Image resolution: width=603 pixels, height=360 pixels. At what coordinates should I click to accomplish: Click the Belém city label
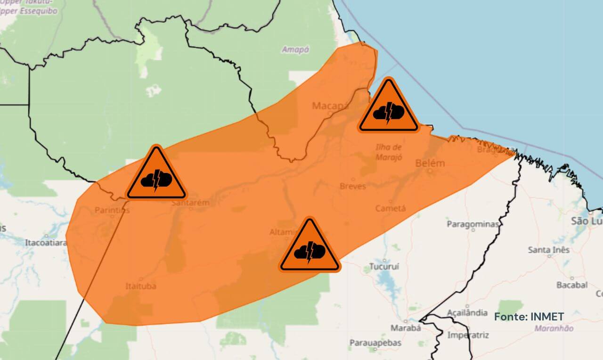pos(430,163)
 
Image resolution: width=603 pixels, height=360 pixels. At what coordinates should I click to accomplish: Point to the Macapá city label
pos(330,106)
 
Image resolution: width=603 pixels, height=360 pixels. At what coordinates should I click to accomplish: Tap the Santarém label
pos(190,203)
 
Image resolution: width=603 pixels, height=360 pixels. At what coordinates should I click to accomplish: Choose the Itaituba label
pos(141,286)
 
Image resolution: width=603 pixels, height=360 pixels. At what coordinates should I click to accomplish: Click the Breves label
pos(352,186)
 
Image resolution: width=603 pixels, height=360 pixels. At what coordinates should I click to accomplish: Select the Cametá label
pos(391,208)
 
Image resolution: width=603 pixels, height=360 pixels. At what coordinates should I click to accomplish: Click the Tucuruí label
pos(384,266)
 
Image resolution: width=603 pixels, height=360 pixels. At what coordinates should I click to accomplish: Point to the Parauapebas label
pos(375,343)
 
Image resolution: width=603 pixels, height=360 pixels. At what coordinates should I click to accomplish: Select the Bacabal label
pos(572,285)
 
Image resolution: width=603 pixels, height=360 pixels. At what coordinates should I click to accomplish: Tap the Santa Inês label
pos(548,249)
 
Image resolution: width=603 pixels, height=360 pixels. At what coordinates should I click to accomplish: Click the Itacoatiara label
pos(46,243)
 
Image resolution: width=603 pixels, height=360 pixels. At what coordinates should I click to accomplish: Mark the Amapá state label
pos(295,49)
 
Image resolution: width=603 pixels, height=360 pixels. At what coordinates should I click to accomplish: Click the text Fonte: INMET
pos(529,317)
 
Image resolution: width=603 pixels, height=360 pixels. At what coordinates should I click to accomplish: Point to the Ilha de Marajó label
pos(389,152)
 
